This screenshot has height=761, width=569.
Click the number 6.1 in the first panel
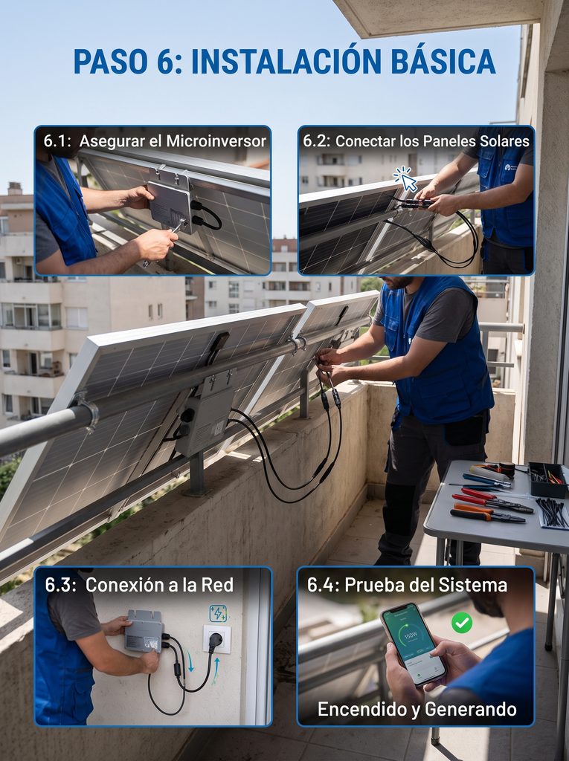[57, 141]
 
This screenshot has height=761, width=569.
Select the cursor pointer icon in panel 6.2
[406, 180]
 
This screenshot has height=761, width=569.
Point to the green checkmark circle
[462, 623]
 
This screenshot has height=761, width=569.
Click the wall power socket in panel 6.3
[216, 638]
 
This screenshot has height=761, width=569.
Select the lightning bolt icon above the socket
[218, 613]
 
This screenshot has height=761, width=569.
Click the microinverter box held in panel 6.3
[144, 631]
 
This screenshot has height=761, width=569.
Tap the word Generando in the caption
[470, 709]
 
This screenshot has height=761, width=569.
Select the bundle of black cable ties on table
[552, 513]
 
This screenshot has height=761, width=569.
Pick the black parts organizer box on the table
[548, 479]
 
